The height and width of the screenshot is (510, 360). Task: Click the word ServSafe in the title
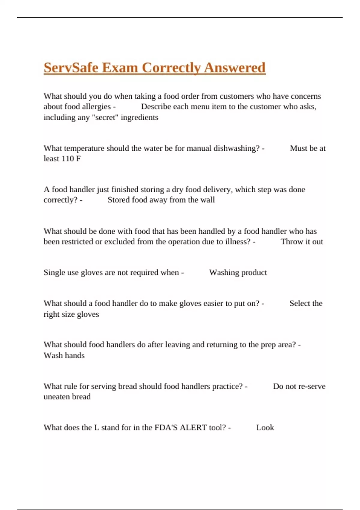coord(71,68)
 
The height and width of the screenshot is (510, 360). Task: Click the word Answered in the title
coord(235,68)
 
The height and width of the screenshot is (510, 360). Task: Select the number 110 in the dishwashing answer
coord(67,159)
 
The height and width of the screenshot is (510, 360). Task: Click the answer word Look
coord(265,428)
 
